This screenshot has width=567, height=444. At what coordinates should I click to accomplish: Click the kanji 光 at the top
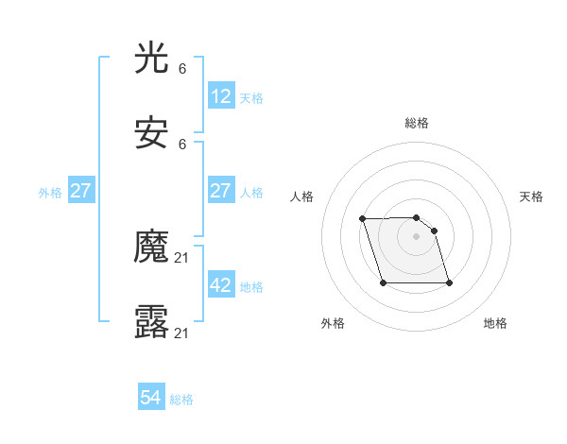151,60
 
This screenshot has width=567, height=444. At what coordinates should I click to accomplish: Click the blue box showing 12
220,96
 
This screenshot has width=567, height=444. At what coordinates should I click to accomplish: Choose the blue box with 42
220,285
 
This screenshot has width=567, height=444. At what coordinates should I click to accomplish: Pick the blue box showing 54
151,399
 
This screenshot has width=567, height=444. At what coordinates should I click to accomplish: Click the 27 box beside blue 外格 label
80,191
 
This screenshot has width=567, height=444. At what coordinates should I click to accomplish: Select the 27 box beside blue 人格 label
220,191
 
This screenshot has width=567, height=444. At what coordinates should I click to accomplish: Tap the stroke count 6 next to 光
182,69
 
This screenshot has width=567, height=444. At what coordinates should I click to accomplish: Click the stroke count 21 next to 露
182,333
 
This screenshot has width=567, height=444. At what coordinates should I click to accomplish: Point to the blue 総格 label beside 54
181,400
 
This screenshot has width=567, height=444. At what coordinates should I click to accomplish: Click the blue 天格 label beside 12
251,97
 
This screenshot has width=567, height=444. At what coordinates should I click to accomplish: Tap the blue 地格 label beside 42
251,286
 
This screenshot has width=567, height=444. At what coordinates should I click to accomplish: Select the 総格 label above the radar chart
417,123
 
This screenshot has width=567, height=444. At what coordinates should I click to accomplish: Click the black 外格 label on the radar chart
333,323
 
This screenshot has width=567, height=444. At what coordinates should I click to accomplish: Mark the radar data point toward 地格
449,282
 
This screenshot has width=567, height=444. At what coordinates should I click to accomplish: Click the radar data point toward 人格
363,219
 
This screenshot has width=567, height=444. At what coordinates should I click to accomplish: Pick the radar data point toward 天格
434,231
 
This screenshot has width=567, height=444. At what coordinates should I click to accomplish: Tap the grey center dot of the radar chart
417,236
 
